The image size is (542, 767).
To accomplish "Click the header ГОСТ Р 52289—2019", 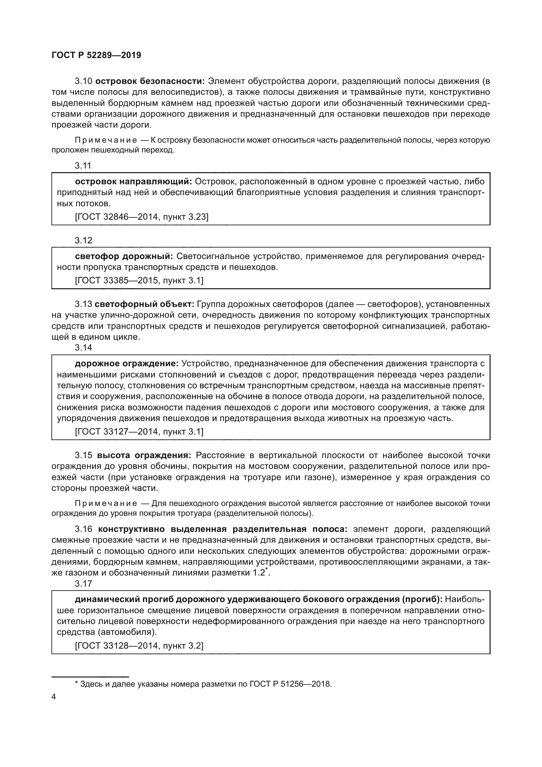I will click(x=96, y=55).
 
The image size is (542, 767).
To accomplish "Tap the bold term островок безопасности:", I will click(x=150, y=81).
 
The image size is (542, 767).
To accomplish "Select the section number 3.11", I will click(x=83, y=166).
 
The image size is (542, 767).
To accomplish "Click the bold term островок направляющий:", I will click(x=133, y=182).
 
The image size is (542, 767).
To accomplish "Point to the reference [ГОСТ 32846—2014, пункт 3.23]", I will click(x=142, y=217).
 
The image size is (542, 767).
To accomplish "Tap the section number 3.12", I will click(x=84, y=240).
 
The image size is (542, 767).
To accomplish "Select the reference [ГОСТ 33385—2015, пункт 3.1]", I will click(x=139, y=281).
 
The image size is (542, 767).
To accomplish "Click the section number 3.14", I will click(x=84, y=348).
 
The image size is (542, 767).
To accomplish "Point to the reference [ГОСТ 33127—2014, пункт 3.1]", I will click(x=139, y=432).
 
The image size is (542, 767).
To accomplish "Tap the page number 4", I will click(x=54, y=697).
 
